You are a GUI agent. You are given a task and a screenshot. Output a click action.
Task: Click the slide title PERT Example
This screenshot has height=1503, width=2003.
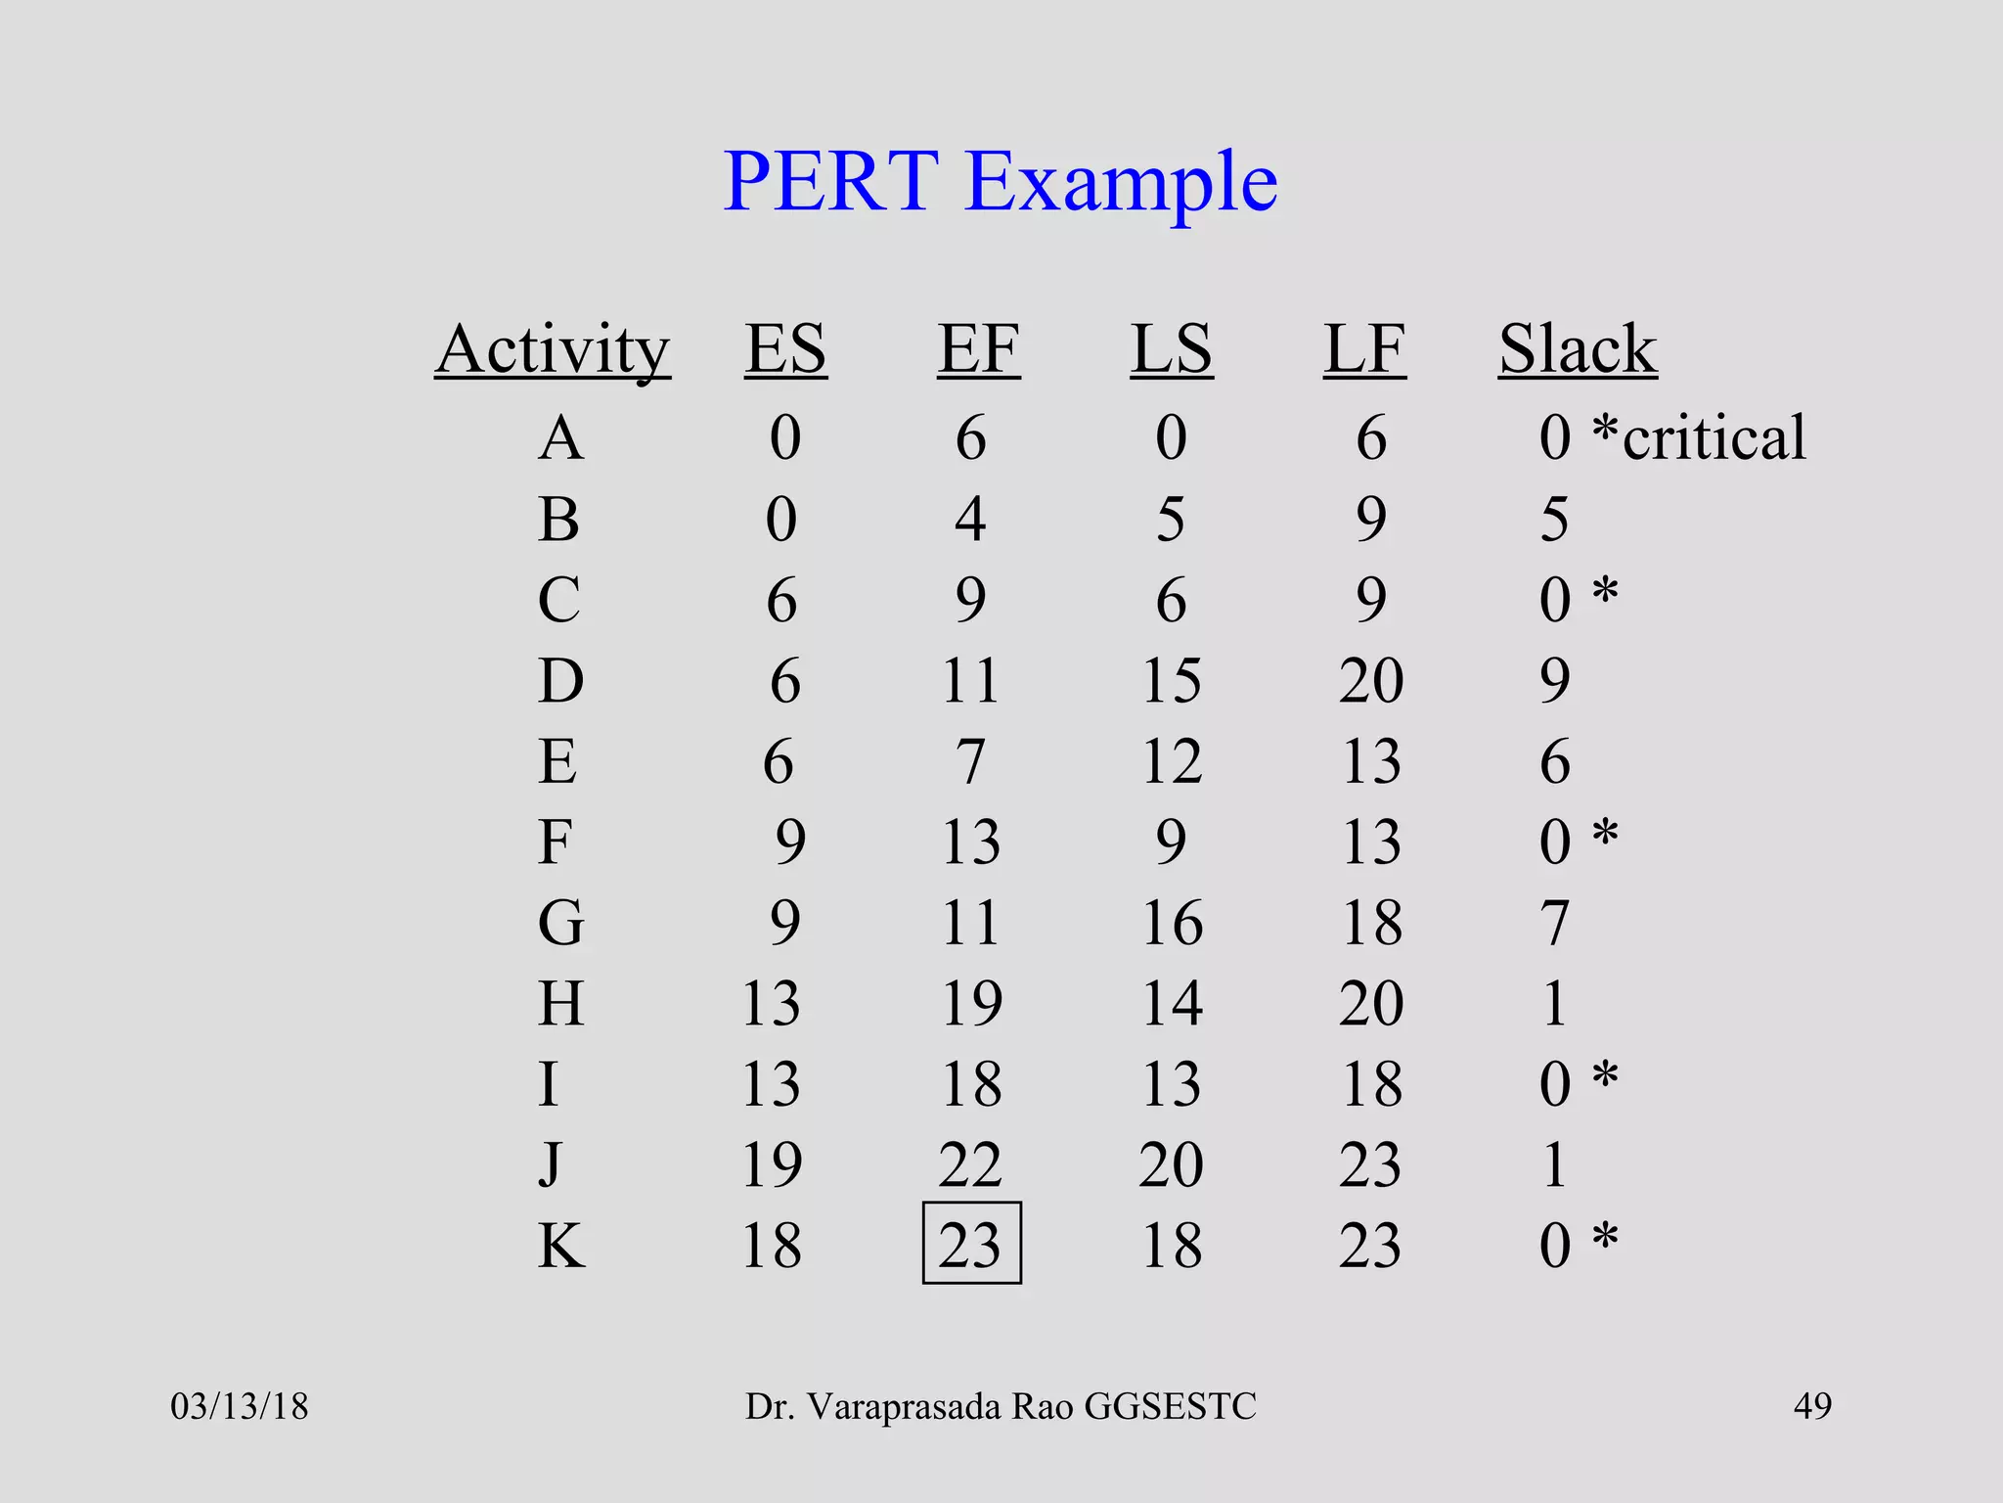click(x=1000, y=183)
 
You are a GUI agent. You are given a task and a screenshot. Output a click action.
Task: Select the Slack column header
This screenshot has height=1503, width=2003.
click(x=1578, y=349)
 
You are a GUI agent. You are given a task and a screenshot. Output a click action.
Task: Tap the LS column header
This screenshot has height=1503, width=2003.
click(x=1172, y=349)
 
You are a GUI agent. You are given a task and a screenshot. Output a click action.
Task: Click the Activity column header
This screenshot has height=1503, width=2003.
click(x=553, y=349)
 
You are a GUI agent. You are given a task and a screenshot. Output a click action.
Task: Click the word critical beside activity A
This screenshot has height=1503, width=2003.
click(x=1714, y=437)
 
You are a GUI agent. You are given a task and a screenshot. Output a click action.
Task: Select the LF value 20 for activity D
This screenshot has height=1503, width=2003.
click(x=1371, y=681)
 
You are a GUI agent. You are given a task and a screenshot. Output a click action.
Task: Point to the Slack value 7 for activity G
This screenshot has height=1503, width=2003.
click(x=1555, y=923)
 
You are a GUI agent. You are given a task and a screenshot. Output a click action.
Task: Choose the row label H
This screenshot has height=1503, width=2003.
click(x=561, y=1004)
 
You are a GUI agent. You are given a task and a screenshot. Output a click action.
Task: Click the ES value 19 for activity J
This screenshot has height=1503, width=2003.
click(x=772, y=1165)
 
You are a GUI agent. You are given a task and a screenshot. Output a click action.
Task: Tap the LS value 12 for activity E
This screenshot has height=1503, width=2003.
click(x=1172, y=761)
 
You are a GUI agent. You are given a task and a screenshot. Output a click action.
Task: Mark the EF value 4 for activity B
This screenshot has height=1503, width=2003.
click(x=970, y=519)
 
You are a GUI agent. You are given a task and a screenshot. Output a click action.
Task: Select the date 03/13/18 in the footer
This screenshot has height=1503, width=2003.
click(x=240, y=1407)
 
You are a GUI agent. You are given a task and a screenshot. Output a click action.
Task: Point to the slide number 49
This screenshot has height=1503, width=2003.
click(x=1812, y=1407)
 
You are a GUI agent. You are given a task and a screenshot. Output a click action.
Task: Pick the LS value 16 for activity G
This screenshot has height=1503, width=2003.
click(x=1172, y=923)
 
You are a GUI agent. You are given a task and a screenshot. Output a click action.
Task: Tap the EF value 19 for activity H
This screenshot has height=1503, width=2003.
click(x=971, y=1004)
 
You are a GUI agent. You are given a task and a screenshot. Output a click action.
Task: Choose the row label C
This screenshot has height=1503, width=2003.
click(x=558, y=600)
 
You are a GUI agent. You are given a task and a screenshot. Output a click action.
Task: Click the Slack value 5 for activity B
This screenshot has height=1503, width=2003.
click(x=1555, y=519)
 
